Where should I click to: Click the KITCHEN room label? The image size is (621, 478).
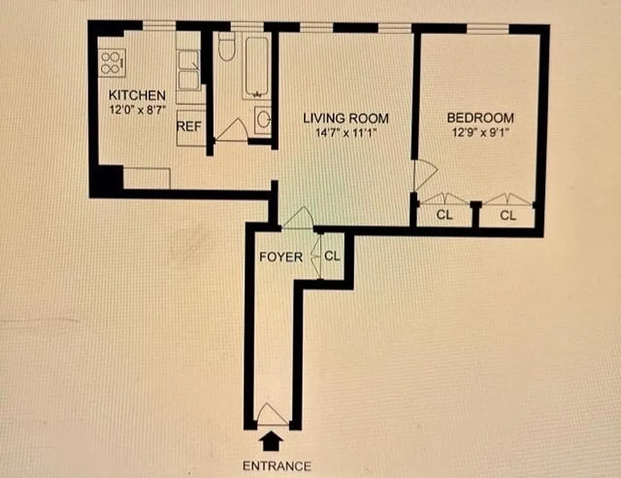coord(137,95)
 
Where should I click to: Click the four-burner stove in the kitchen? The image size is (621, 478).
coord(112,62)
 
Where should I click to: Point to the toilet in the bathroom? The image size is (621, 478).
coord(226,48)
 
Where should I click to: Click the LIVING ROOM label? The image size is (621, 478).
coord(345,118)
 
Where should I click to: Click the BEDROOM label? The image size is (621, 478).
coord(480,118)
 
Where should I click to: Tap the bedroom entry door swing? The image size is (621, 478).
coord(425,174)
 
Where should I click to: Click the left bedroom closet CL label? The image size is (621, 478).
coord(444,216)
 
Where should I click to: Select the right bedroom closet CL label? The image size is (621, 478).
coord(508,216)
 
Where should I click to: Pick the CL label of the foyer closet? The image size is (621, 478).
coord(332,256)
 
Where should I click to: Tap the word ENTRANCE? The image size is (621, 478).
coord(276,465)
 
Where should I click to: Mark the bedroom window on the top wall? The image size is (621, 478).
coord(487,28)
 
